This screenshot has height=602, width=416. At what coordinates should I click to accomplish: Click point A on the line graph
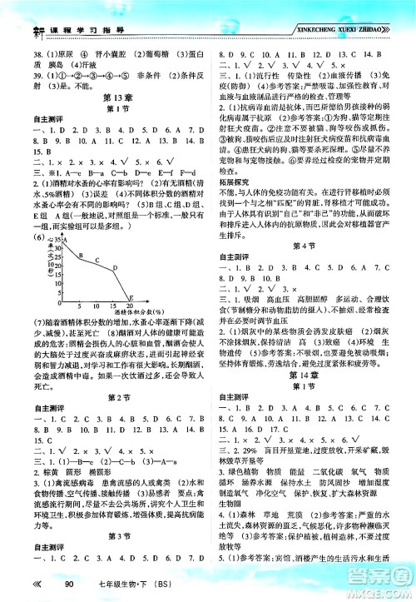(x=64, y=241)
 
